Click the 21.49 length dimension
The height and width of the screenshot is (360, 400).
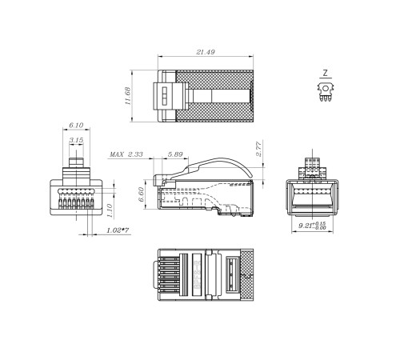[206, 52]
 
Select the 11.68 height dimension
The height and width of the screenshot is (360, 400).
[128, 96]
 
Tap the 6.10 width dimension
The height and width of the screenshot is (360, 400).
[76, 125]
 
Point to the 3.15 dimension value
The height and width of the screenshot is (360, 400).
[76, 140]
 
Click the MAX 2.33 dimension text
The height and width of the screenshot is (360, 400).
[126, 154]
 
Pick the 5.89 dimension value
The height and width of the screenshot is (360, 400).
[175, 154]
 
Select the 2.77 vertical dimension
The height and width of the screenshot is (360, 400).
[259, 149]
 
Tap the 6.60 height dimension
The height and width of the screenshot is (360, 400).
[141, 194]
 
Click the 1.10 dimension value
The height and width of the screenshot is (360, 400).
[110, 210]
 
